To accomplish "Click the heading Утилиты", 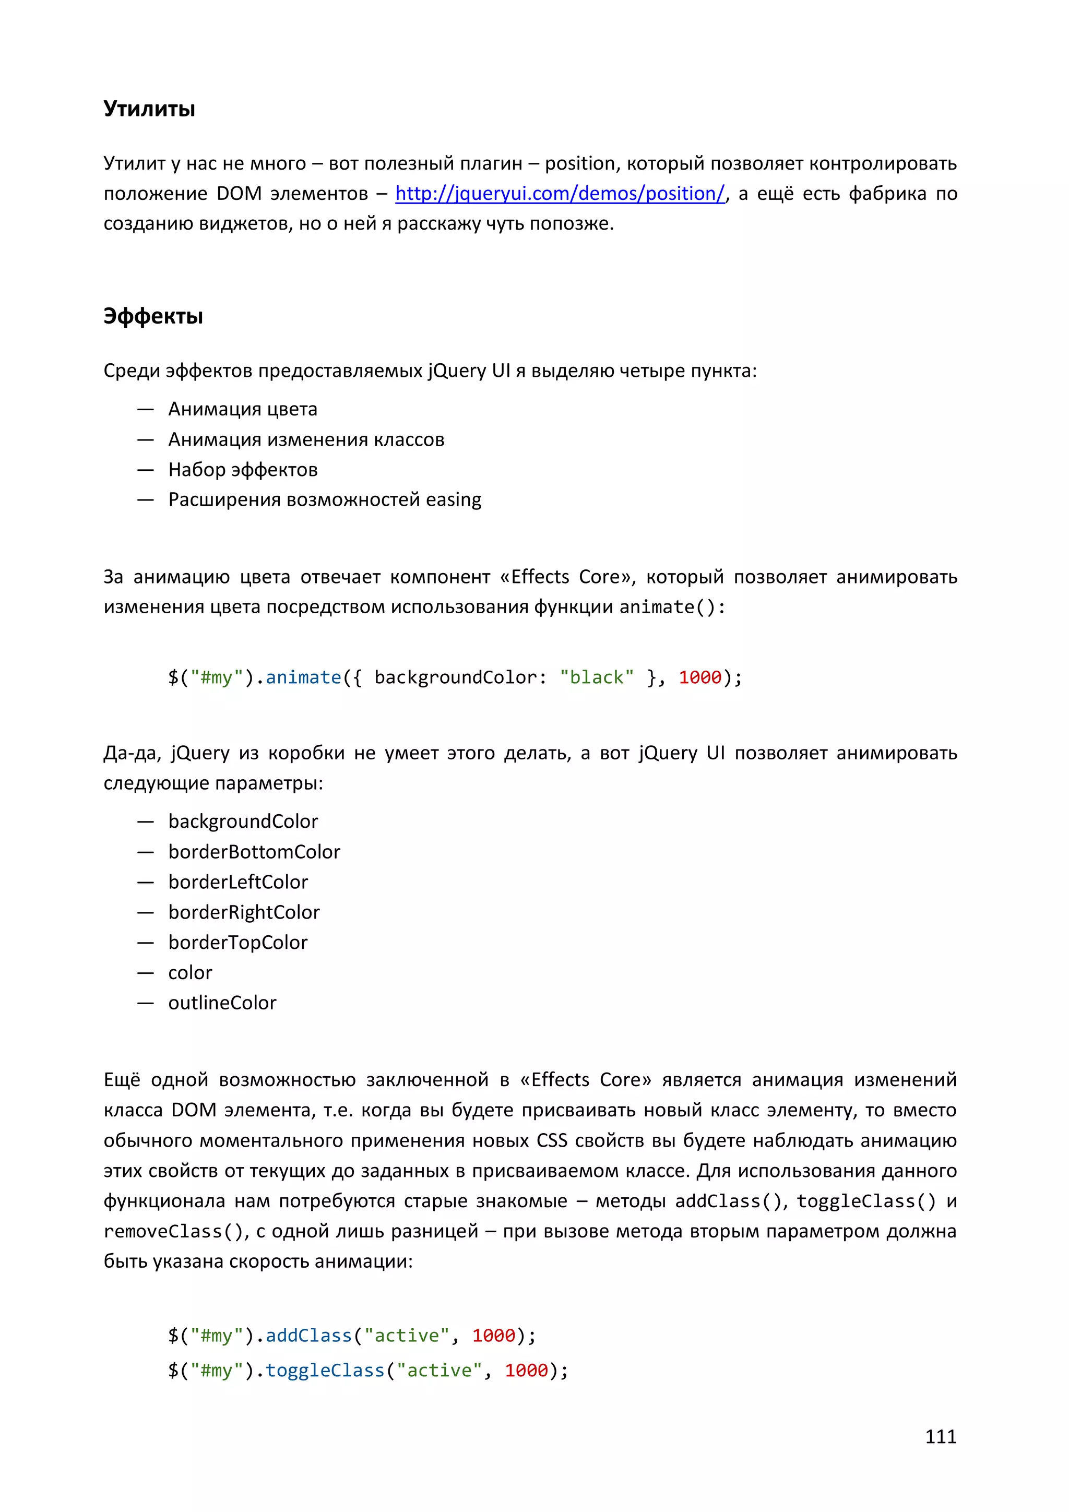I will pos(149,109).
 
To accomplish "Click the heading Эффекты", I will pos(153,316).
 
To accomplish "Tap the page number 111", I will pos(940,1436).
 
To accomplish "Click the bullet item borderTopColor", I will pos(238,943).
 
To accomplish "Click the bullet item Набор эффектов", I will pos(243,470).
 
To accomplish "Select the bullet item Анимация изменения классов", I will pos(306,440).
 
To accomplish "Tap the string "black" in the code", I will pos(597,677).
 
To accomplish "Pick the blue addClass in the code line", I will pos(309,1336).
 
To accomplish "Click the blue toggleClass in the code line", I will pos(325,1371).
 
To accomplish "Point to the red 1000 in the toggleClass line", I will pos(526,1371).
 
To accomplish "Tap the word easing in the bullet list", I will pos(453,500).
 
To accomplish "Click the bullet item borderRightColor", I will pos(244,913).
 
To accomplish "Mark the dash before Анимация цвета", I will pos(146,410).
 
